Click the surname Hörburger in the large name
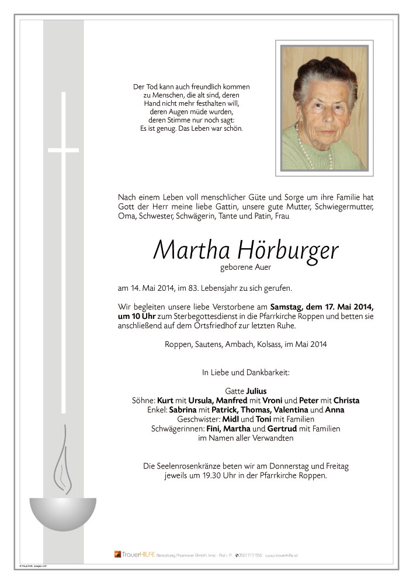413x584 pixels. [288, 251]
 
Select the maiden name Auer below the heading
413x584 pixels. [262, 268]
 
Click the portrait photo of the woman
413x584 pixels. [324, 108]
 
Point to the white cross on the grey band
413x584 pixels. [63, 151]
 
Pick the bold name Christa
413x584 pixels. [346, 401]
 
